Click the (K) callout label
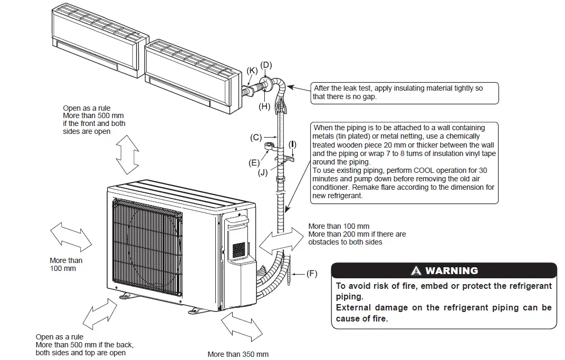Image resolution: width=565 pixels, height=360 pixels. tap(252, 71)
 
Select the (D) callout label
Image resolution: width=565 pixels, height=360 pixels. tap(266, 65)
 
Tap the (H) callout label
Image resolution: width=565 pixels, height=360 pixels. tap(264, 106)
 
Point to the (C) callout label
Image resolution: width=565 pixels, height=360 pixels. tap(256, 138)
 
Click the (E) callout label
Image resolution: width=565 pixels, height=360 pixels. tap(254, 163)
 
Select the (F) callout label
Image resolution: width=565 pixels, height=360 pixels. tap(312, 274)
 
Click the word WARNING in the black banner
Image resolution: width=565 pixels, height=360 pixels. tap(452, 271)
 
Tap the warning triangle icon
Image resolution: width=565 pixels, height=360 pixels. tap(417, 271)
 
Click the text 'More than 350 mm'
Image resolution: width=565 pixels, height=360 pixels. tap(238, 354)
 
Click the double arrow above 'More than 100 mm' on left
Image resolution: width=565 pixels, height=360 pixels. tap(71, 237)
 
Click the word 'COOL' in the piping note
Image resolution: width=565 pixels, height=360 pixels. tap(421, 170)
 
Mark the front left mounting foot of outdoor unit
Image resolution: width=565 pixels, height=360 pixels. tap(128, 296)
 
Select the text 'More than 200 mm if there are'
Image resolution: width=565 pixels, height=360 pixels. tap(357, 234)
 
